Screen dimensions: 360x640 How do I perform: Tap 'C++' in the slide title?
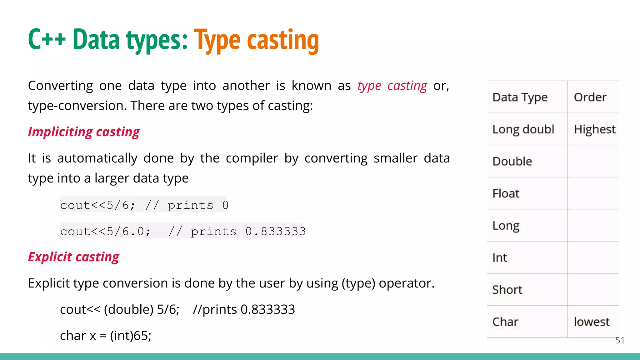[x=47, y=39]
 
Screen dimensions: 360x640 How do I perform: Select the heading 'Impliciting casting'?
[x=84, y=132]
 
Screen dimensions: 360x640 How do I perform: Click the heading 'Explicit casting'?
[x=73, y=257]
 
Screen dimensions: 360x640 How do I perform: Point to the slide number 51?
[x=620, y=340]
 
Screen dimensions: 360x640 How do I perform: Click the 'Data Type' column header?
[x=520, y=97]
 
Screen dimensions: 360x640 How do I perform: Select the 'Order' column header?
[x=590, y=97]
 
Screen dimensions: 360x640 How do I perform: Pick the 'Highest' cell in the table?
[x=595, y=129]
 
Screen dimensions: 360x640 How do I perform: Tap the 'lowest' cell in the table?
[x=592, y=322]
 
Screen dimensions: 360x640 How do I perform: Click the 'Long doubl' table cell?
[x=523, y=129]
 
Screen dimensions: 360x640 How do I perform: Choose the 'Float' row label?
[x=506, y=193]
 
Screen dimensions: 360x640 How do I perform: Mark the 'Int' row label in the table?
[x=500, y=258]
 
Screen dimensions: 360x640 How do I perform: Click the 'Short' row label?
[x=507, y=290]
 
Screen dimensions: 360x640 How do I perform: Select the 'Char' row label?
[x=505, y=322]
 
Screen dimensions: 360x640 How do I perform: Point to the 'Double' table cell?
[x=512, y=162]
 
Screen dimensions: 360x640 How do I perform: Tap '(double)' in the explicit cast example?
[x=129, y=309]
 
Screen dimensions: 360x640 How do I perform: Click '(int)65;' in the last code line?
[x=131, y=336]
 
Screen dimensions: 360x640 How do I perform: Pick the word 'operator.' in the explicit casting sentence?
[x=407, y=283]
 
